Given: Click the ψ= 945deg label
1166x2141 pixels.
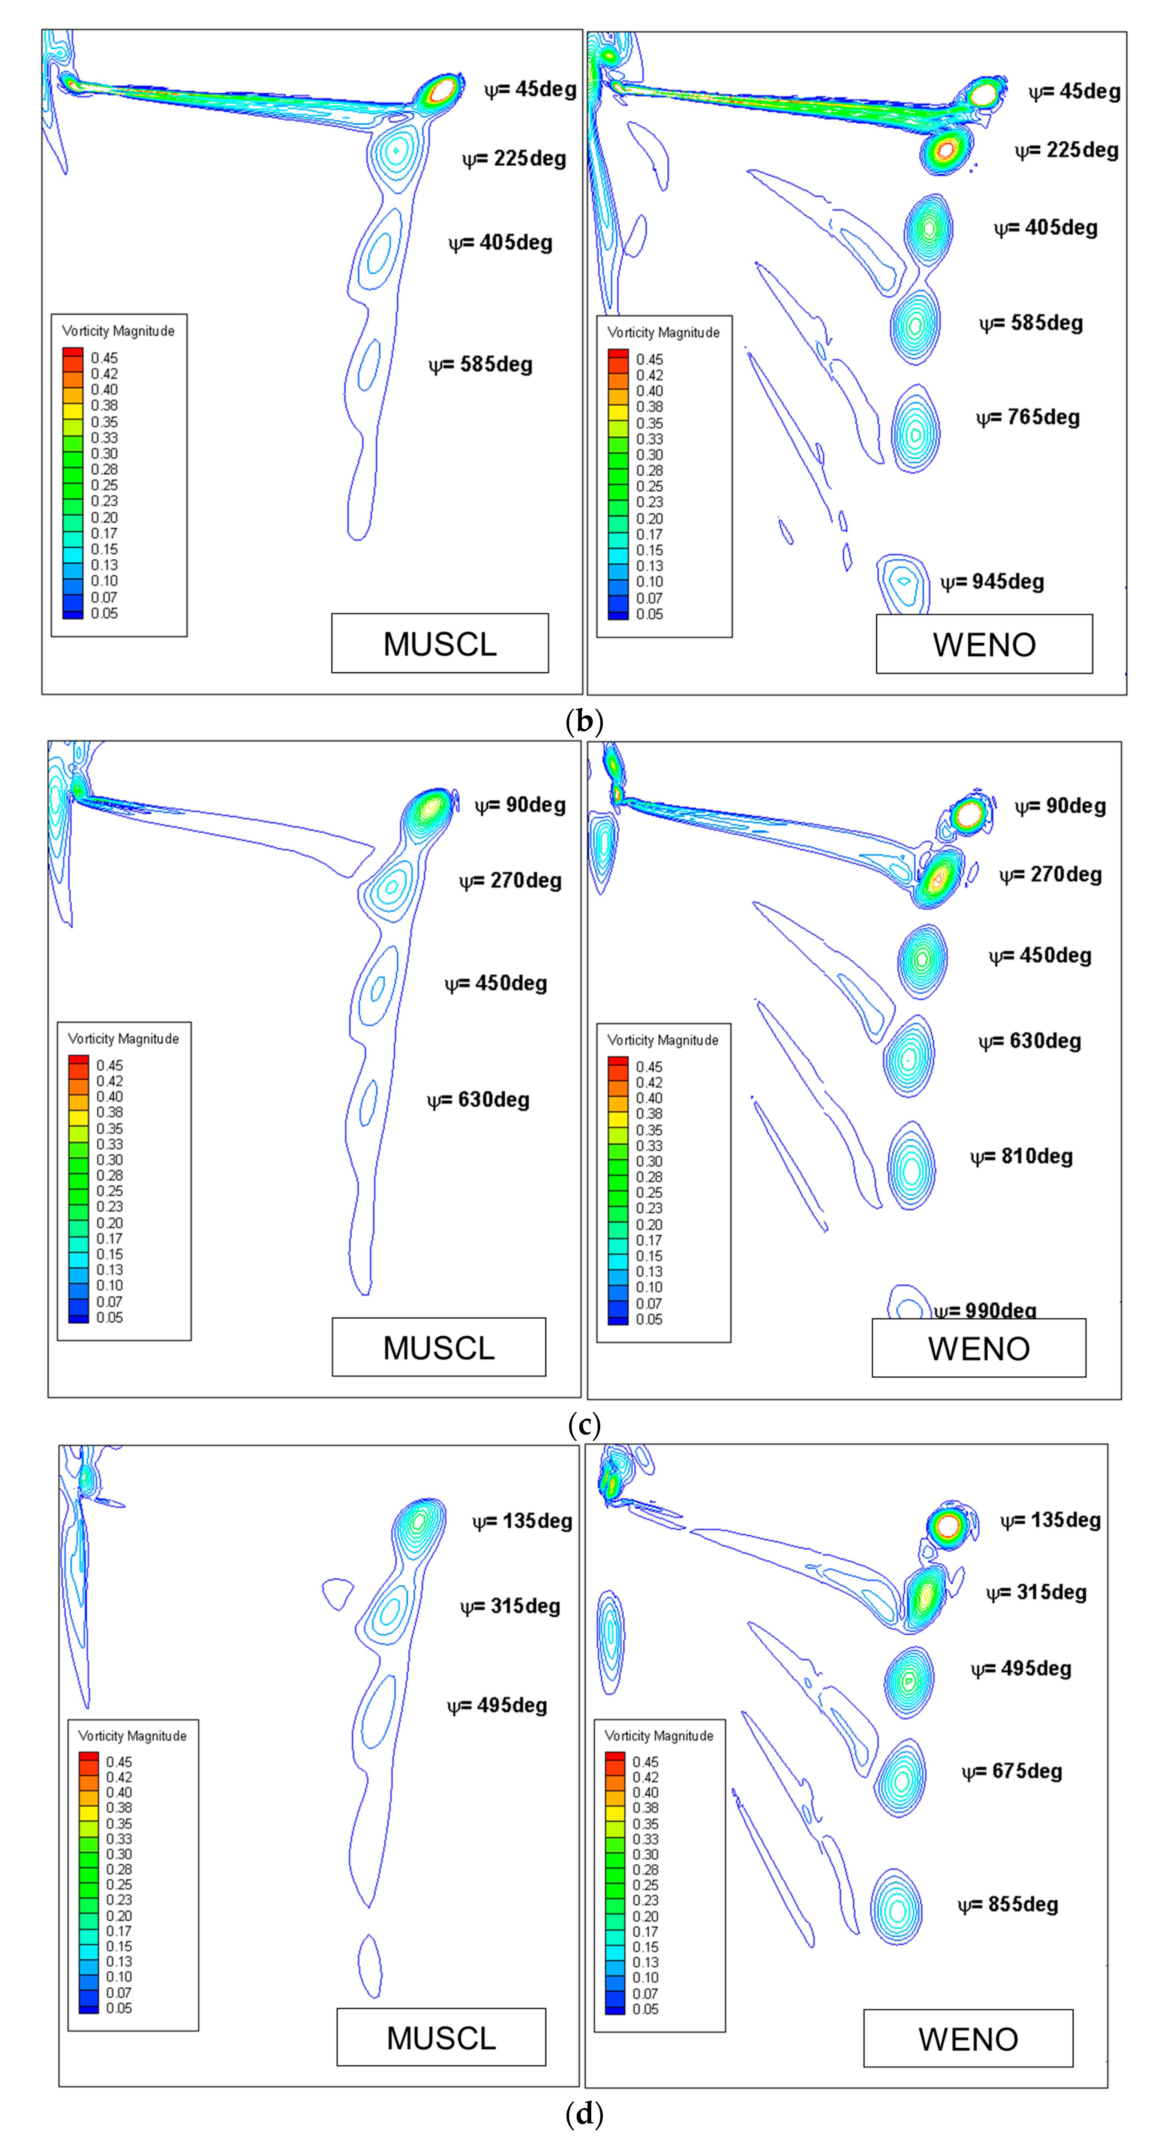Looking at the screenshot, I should point(992,582).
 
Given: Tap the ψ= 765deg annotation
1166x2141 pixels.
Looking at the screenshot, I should point(1028,417).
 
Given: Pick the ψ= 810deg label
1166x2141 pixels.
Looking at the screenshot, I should point(1021,1157).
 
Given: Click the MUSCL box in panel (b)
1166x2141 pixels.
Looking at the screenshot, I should point(440,643).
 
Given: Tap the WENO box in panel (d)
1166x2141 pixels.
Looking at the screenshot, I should point(968,2038).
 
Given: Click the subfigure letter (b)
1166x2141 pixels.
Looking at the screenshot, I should point(583,721).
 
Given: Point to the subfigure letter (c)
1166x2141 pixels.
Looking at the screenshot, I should point(583,1425).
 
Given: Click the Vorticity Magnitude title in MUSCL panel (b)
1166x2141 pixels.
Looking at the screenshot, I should point(118,331).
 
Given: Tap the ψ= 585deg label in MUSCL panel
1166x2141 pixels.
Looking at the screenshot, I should point(480,365).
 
